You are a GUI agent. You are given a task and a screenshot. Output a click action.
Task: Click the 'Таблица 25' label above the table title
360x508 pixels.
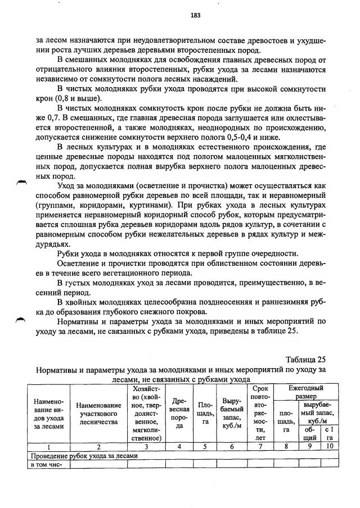pos(305,360)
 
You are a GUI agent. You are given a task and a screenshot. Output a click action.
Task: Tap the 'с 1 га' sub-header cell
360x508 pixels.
pos(330,434)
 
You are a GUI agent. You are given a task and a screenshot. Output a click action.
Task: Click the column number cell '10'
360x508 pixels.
pos(330,447)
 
